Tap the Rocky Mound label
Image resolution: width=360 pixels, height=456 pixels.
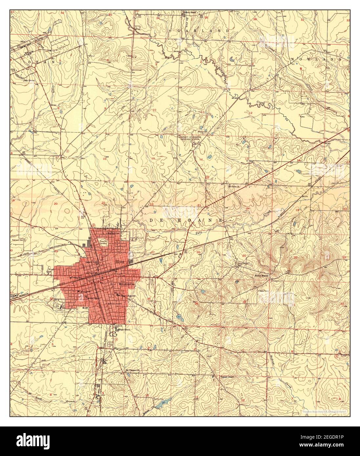pos(262,276)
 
